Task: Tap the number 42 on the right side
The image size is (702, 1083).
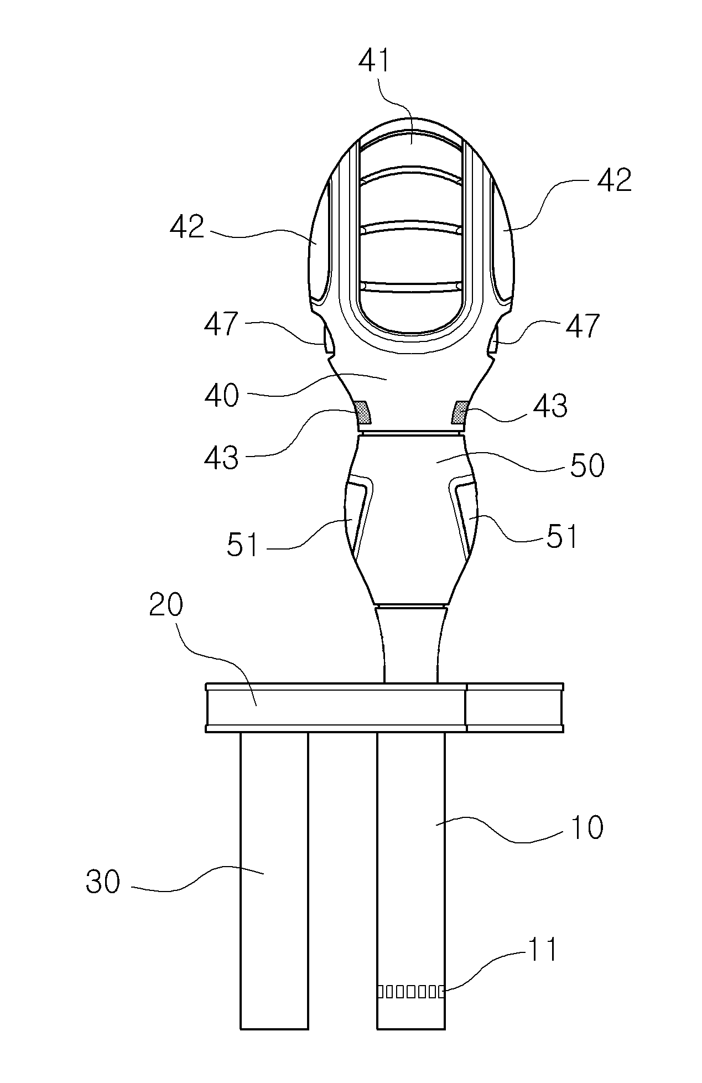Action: click(x=615, y=180)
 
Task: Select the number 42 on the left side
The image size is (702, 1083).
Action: click(x=187, y=226)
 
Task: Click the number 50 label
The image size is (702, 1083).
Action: click(x=587, y=466)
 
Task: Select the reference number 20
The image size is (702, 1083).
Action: click(x=166, y=606)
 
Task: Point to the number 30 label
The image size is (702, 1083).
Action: click(x=103, y=882)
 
